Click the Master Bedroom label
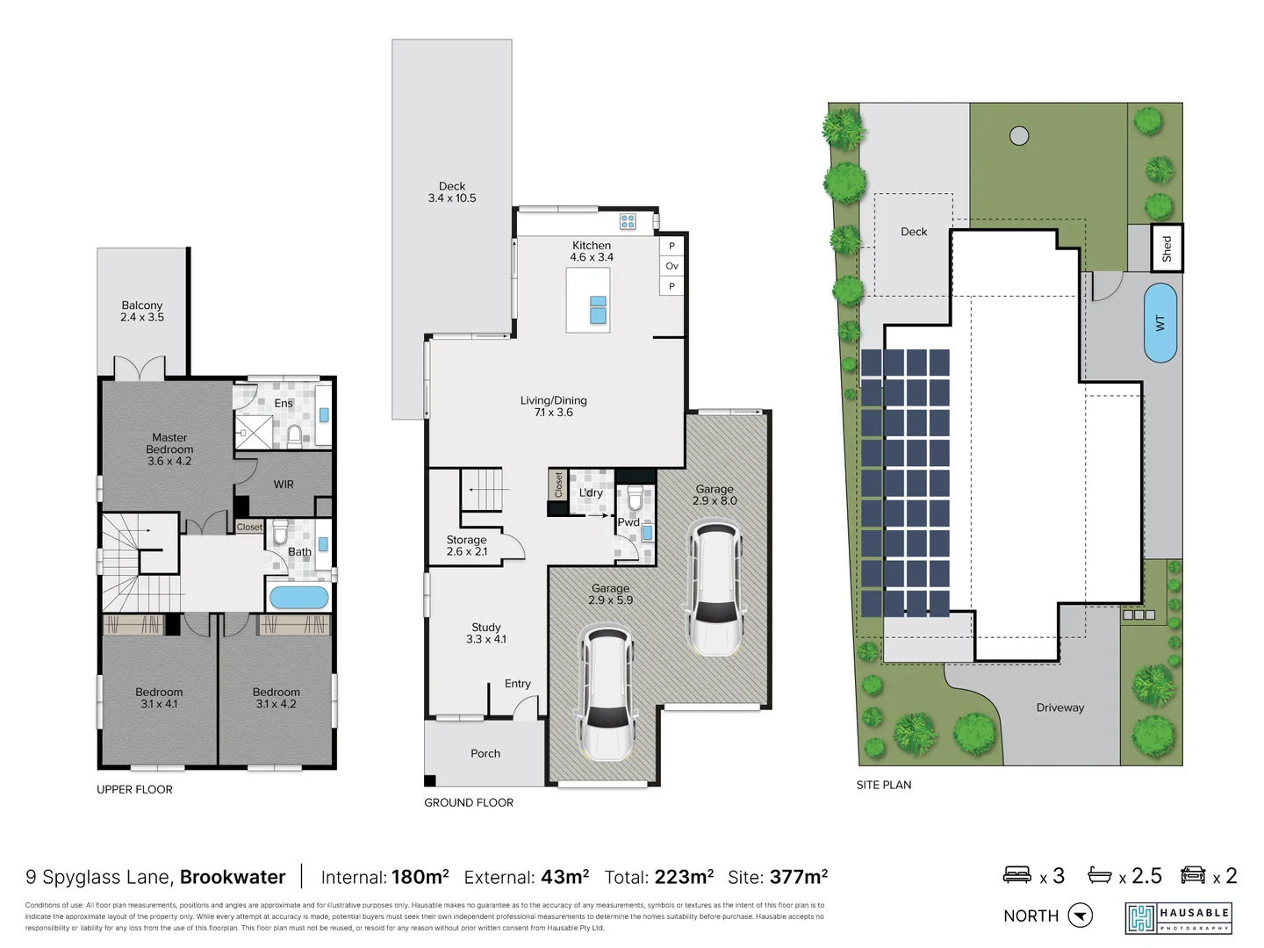click(169, 449)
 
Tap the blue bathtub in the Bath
click(298, 598)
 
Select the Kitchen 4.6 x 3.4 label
click(592, 251)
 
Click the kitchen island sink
click(598, 310)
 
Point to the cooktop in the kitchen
click(628, 221)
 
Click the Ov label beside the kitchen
click(671, 266)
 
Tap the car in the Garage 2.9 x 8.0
click(715, 589)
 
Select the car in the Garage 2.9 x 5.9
click(607, 693)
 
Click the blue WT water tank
click(1160, 322)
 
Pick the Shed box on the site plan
click(1167, 248)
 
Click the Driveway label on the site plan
click(1059, 707)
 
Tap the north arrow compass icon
click(1081, 916)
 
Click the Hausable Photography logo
click(1179, 918)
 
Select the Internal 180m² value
click(420, 877)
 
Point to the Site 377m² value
click(799, 877)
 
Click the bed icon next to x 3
click(1017, 874)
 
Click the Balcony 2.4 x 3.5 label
click(142, 311)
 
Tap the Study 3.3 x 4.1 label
click(486, 633)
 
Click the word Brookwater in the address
click(233, 877)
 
